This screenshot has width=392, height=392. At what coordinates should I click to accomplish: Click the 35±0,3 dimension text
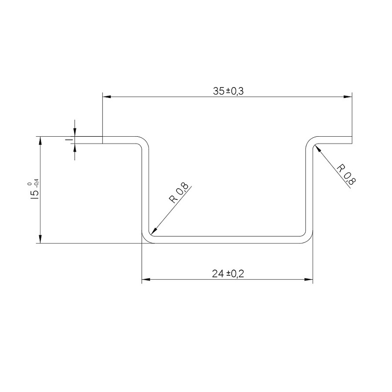(x=228, y=91)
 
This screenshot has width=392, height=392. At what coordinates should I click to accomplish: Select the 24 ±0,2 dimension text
(x=228, y=274)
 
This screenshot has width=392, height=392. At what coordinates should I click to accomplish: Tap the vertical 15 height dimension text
(x=34, y=194)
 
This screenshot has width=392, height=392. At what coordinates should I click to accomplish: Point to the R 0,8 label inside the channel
(x=179, y=193)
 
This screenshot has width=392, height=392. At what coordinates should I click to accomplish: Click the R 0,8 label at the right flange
(x=346, y=174)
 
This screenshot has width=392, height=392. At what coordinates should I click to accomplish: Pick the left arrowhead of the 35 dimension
(x=107, y=97)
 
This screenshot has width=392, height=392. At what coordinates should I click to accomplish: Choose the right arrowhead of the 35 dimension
(x=348, y=97)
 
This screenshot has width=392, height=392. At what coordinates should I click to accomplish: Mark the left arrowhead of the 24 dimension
(x=146, y=279)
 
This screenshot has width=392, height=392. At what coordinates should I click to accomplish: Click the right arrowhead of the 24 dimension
(x=309, y=279)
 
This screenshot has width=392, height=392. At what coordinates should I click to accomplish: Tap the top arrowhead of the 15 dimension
(x=40, y=141)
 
